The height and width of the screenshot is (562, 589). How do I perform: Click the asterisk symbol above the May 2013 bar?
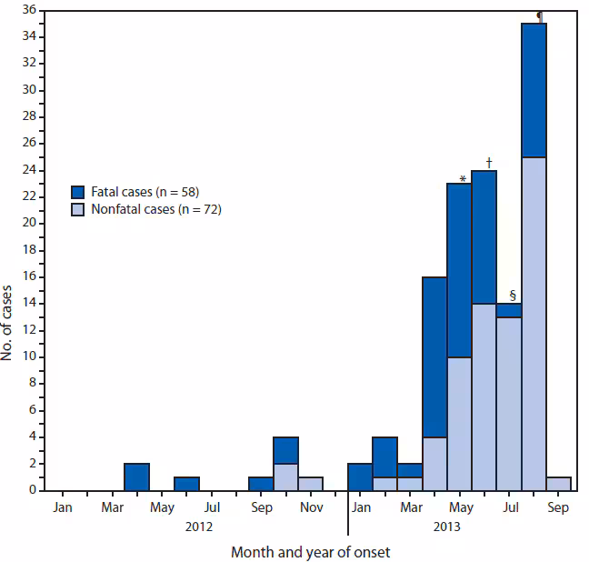(x=463, y=179)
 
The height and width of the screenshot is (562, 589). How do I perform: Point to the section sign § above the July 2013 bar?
(x=512, y=295)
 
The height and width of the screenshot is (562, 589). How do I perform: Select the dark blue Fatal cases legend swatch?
(x=78, y=191)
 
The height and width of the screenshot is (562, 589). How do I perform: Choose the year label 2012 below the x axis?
(x=199, y=527)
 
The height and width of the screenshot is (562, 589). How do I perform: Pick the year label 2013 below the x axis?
(x=447, y=527)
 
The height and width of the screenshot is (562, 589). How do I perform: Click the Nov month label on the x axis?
(x=311, y=507)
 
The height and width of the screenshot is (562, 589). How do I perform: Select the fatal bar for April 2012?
(x=136, y=477)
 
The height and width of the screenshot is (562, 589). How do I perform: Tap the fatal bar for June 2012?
(x=186, y=483)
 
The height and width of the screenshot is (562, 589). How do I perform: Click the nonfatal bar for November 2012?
(x=311, y=483)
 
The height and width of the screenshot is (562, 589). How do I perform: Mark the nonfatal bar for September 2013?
(x=559, y=483)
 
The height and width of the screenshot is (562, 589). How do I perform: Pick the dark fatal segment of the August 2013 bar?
(x=534, y=90)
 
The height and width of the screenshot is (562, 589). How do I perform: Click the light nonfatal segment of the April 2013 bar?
(x=434, y=463)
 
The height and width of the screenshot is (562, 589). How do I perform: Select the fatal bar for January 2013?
(x=360, y=477)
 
